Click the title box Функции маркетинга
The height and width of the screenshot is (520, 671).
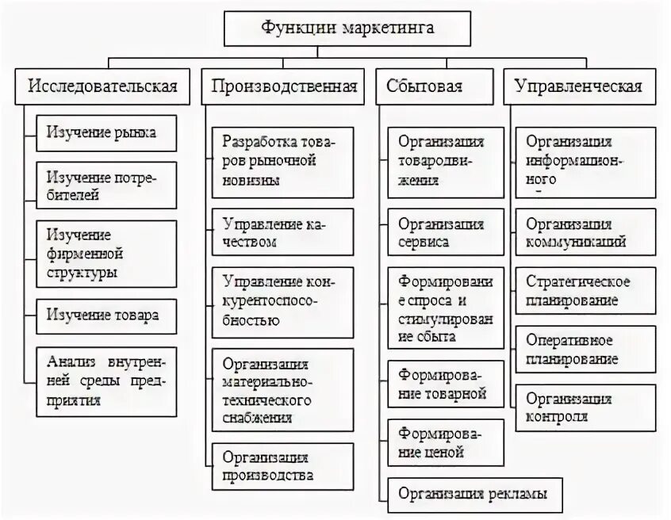click(347, 28)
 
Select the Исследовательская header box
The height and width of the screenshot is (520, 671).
click(103, 86)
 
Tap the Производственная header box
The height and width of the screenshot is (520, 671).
click(284, 86)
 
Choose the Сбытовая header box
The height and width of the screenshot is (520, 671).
click(435, 86)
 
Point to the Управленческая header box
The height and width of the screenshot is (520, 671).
click(578, 86)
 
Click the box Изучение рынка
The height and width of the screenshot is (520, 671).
click(106, 132)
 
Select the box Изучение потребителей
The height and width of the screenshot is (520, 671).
click(106, 185)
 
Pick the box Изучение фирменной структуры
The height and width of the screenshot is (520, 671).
click(106, 254)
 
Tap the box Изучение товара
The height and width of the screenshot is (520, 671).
click(106, 315)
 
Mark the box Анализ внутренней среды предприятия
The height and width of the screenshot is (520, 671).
click(106, 378)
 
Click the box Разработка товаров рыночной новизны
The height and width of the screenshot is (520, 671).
click(283, 161)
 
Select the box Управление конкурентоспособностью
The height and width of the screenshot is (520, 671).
click(283, 300)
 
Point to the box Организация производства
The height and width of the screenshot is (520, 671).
click(283, 467)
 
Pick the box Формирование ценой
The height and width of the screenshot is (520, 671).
click(445, 442)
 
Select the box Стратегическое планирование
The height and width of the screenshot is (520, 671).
click(585, 291)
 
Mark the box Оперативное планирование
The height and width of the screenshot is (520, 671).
click(585, 349)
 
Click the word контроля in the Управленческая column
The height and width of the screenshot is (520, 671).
click(557, 417)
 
